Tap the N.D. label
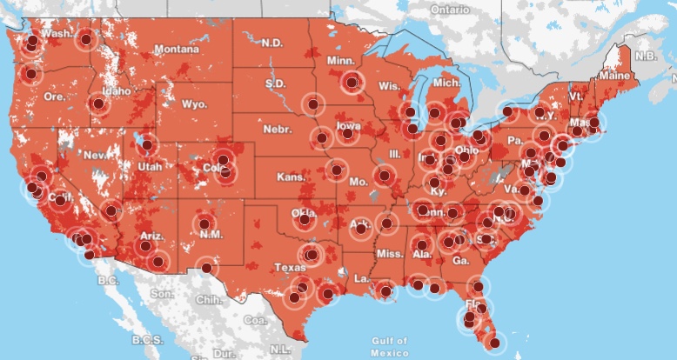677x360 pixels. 272,43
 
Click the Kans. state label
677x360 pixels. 286,177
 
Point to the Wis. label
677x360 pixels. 389,86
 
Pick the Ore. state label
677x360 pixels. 54,97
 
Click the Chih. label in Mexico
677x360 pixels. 210,298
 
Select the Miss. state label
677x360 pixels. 391,253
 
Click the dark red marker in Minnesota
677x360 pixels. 352,83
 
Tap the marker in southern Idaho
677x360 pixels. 97,105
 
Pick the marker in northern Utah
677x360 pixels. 147,145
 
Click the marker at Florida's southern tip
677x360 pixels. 495,343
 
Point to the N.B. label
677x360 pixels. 645,56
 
